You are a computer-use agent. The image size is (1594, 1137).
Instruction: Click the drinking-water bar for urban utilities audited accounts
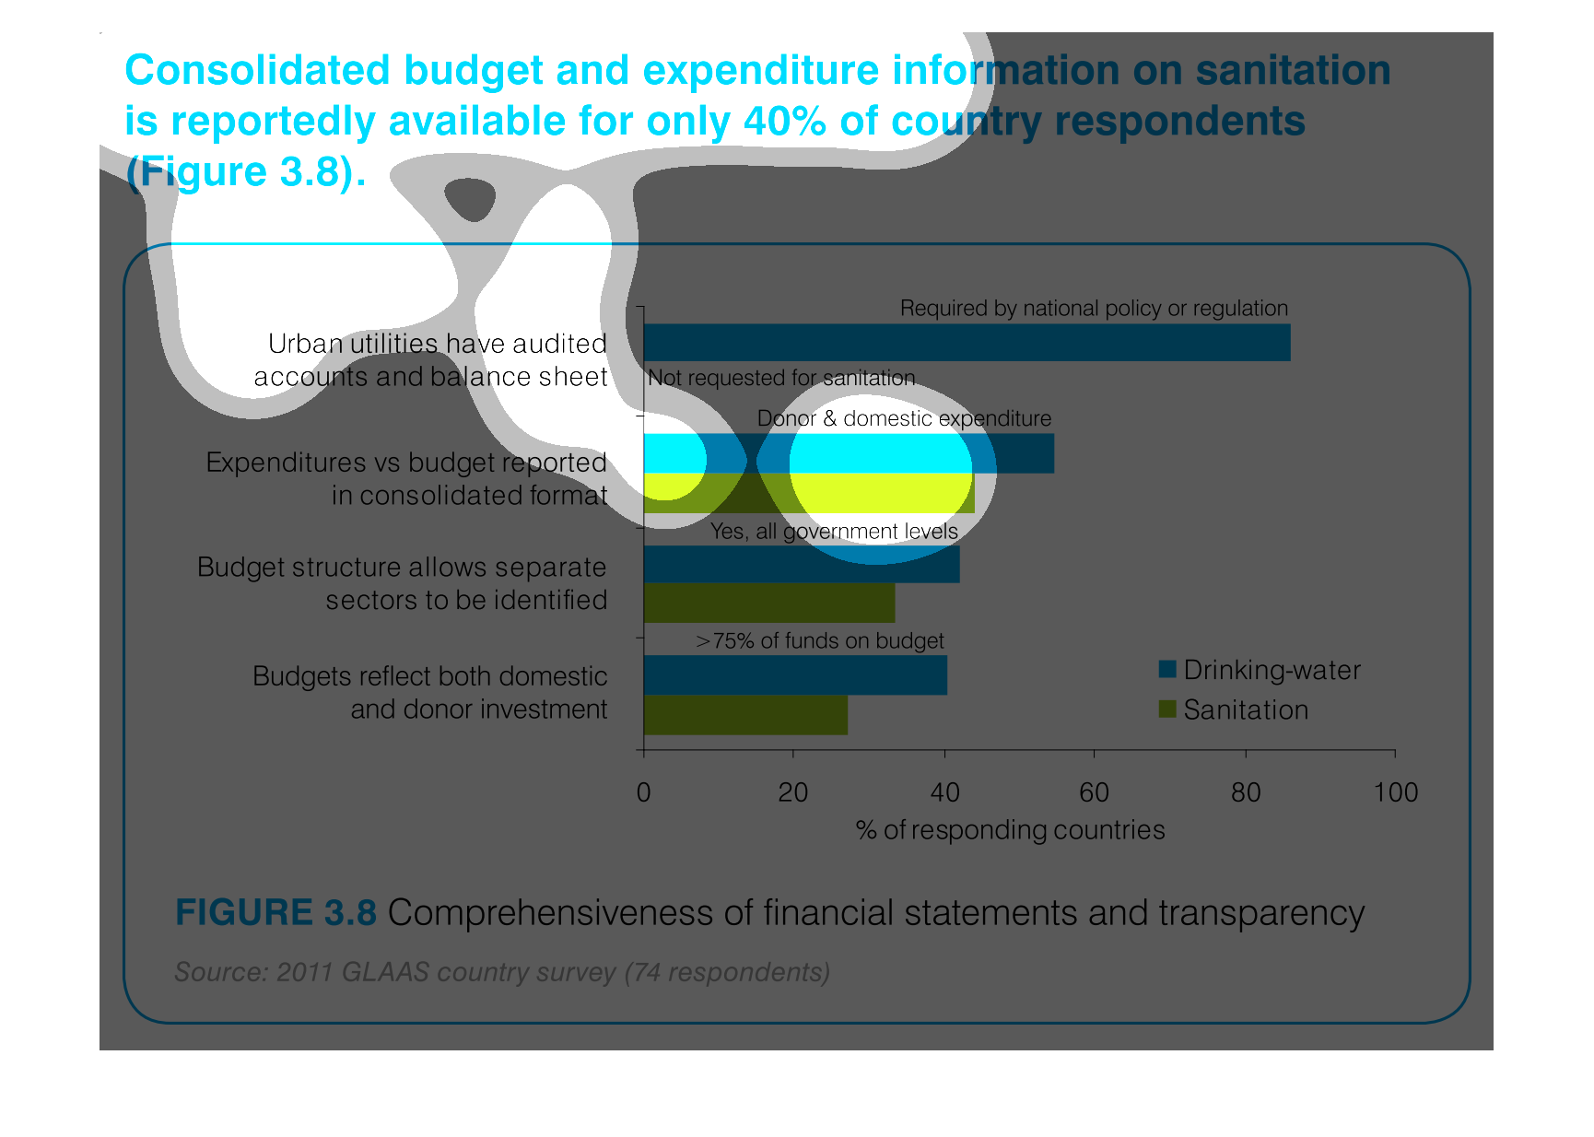click(967, 342)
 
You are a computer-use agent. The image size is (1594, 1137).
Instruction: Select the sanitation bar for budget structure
click(769, 603)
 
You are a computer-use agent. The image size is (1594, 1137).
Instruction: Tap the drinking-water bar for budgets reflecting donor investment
click(795, 674)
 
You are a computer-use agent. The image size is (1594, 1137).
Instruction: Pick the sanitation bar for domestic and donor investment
click(745, 715)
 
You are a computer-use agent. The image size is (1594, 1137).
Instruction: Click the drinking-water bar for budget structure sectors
click(802, 564)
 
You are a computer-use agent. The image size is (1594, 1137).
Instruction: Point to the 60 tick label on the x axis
click(1095, 792)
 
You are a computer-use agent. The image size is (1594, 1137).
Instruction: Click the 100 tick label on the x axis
click(1396, 792)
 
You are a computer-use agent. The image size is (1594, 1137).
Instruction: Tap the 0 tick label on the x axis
click(643, 792)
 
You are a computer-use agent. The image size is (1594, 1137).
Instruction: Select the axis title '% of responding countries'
click(1011, 830)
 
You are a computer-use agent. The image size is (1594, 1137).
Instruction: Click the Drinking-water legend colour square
click(1167, 669)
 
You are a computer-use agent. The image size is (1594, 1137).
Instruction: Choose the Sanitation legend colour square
click(1167, 709)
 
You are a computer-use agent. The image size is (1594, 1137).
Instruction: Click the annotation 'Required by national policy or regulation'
click(1094, 308)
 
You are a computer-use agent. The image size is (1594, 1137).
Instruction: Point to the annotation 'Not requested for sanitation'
click(781, 378)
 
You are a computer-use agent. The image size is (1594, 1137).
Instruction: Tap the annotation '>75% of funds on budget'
click(820, 640)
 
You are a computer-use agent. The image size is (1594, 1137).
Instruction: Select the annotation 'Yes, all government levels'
click(834, 532)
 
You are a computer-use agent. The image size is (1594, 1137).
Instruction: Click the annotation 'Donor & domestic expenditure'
click(904, 418)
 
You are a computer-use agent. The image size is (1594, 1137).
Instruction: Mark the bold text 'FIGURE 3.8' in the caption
click(275, 912)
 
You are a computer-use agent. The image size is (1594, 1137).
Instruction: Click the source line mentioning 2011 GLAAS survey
click(502, 972)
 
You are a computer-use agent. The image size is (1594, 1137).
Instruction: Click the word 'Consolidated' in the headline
click(258, 70)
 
